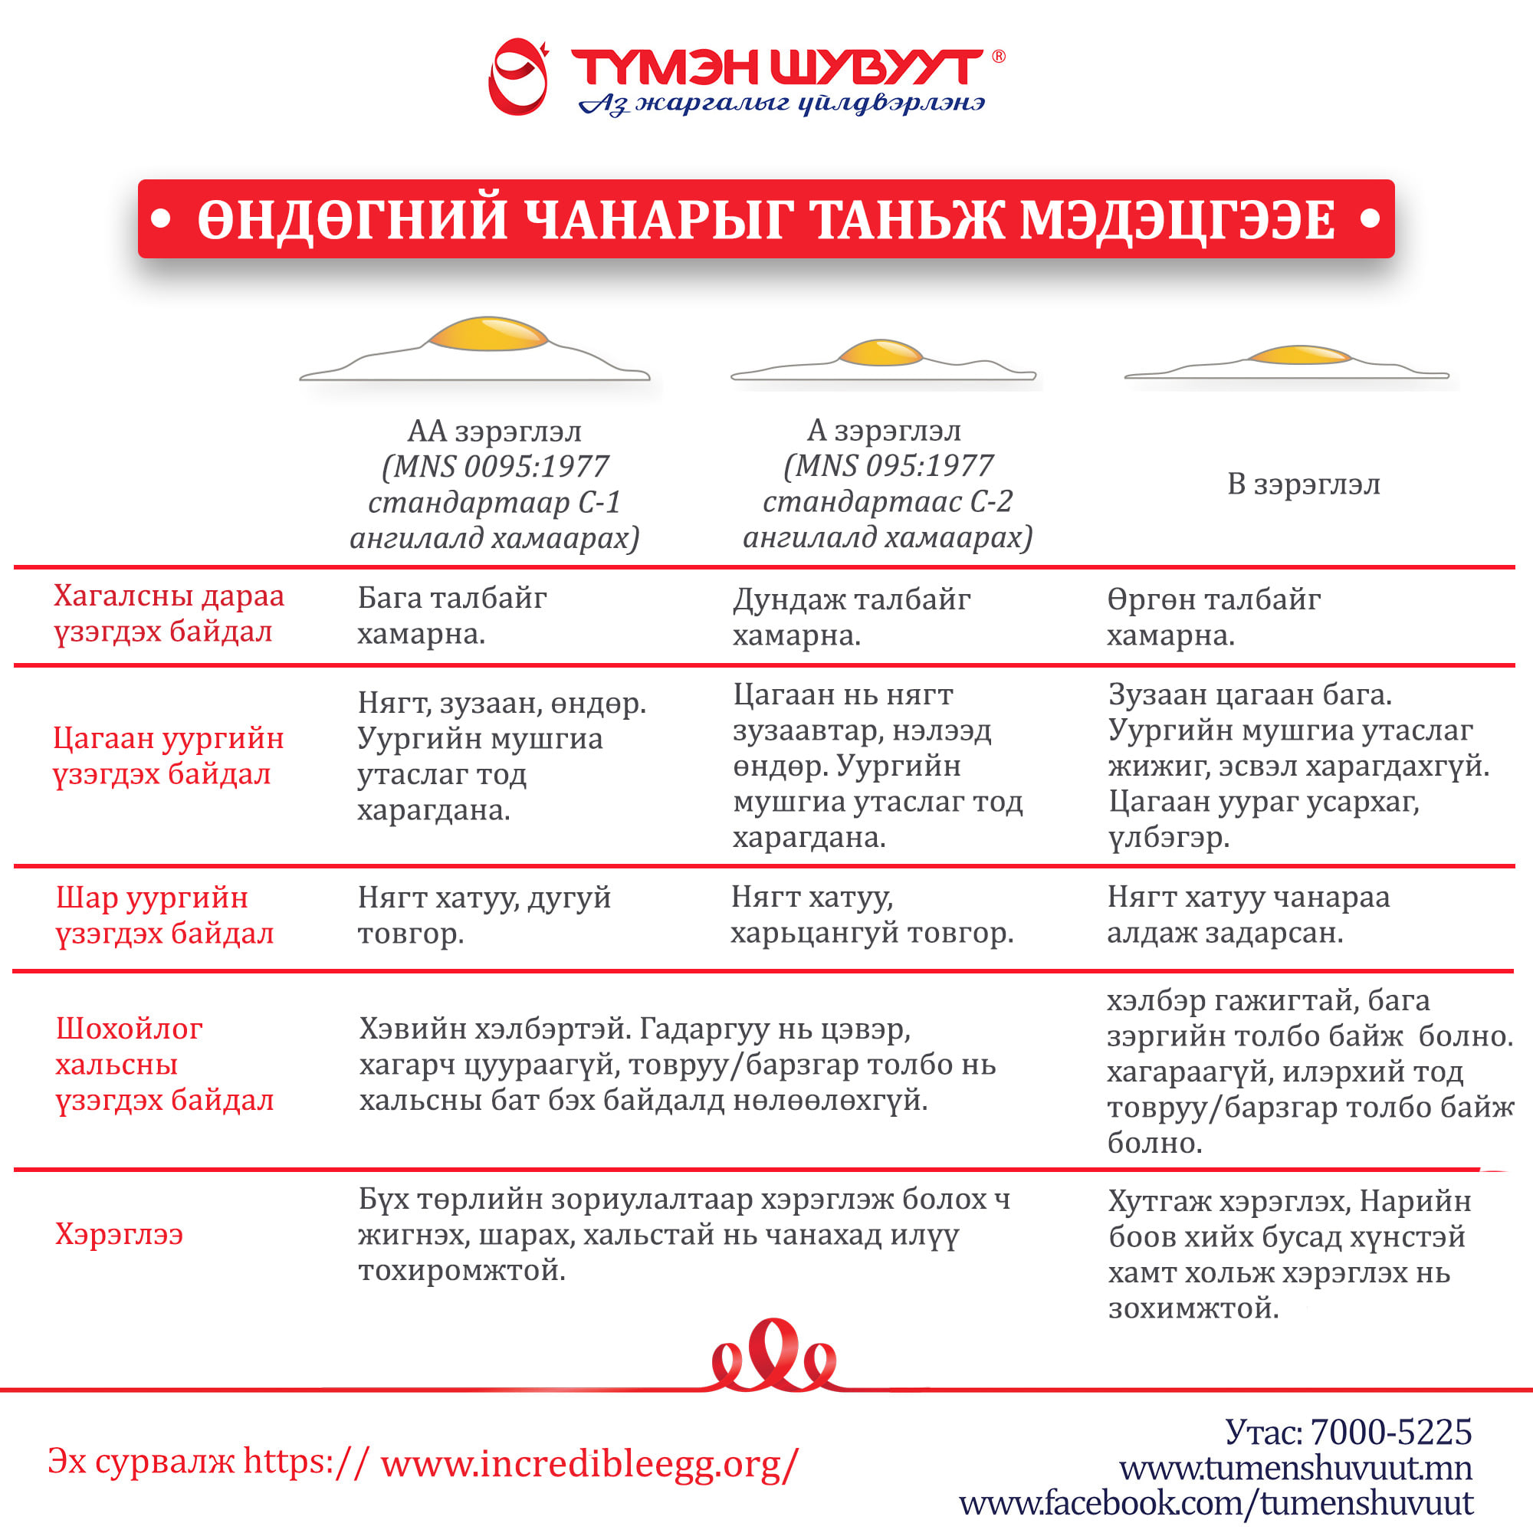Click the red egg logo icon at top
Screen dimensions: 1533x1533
(518, 77)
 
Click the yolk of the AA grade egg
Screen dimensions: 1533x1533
(488, 334)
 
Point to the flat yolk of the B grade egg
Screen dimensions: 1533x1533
(1299, 355)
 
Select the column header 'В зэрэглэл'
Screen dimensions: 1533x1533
(1304, 484)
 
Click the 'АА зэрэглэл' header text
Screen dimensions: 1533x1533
(494, 432)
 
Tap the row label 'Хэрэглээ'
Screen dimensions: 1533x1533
(119, 1234)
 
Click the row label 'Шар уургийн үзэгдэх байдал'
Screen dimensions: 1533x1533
(164, 915)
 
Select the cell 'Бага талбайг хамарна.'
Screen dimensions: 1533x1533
(451, 615)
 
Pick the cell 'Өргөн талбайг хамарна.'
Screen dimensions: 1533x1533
(1213, 617)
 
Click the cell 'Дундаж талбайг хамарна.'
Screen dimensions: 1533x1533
(851, 617)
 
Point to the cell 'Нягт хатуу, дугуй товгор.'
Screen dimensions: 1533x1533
(484, 915)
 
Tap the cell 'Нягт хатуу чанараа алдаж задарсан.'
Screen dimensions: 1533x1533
(1247, 914)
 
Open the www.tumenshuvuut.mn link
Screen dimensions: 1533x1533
(1295, 1468)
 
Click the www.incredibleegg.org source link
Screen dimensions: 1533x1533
(589, 1462)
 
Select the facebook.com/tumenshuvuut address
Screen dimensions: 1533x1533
(1216, 1503)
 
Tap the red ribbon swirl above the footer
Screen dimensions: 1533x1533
(773, 1358)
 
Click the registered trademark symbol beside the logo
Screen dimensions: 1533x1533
(998, 56)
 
